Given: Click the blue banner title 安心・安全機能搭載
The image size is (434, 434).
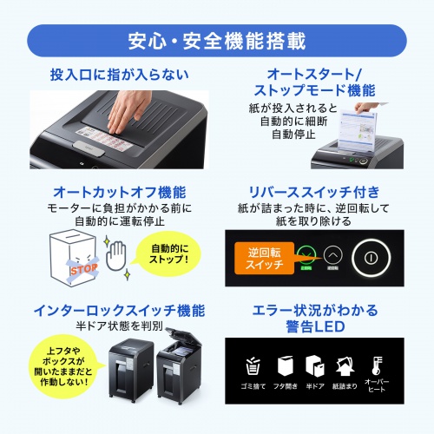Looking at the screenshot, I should [216, 41].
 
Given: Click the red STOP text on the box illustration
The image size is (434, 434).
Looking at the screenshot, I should [83, 269].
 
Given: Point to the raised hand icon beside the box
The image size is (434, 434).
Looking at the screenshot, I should [118, 258].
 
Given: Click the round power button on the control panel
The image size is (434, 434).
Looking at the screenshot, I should [372, 257].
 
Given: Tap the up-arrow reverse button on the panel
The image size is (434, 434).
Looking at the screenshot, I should [333, 256].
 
